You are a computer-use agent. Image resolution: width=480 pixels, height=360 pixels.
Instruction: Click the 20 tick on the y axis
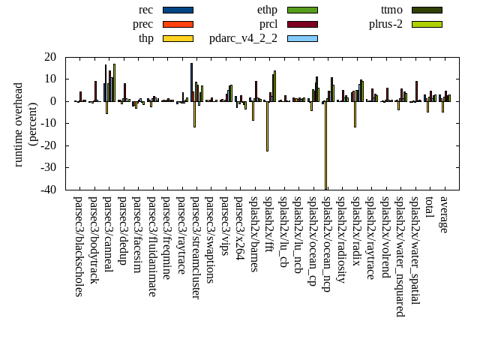pos(50,57)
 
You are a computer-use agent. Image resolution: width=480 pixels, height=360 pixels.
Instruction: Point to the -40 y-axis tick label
pos(48,190)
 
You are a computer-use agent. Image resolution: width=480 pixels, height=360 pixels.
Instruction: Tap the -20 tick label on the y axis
pos(48,145)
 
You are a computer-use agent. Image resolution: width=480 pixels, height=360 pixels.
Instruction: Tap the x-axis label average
pos(444,214)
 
